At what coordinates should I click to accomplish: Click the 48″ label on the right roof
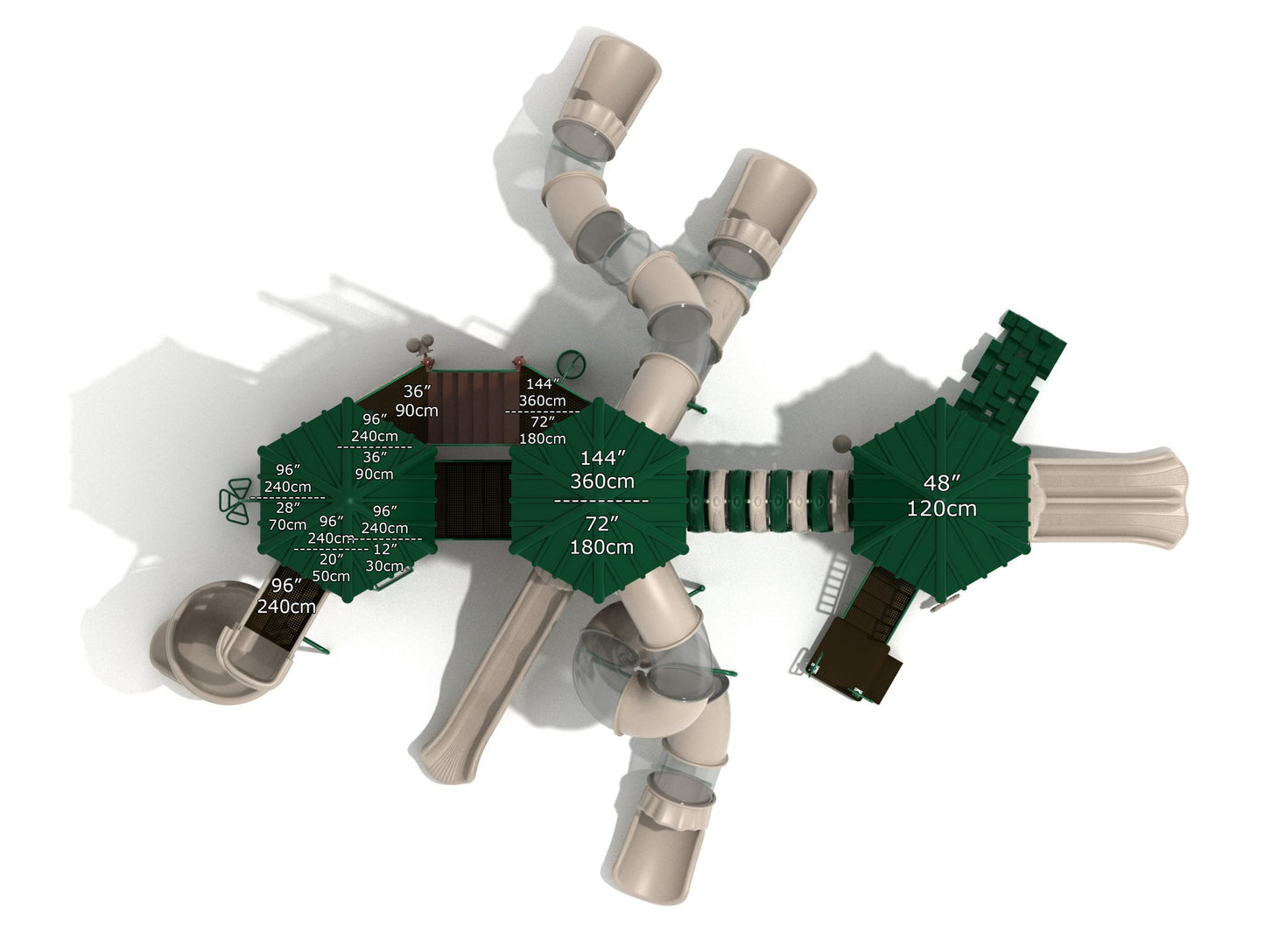click(941, 483)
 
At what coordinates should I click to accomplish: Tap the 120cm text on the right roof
click(942, 509)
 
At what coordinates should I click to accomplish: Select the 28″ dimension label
click(287, 508)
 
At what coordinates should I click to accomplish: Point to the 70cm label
click(287, 525)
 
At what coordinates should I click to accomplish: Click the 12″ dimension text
click(385, 549)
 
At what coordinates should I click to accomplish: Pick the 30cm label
click(384, 566)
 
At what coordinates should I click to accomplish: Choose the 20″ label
click(332, 559)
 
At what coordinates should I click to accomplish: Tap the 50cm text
click(331, 576)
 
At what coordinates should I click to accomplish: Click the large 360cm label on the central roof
click(602, 482)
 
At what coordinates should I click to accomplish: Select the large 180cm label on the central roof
click(601, 547)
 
